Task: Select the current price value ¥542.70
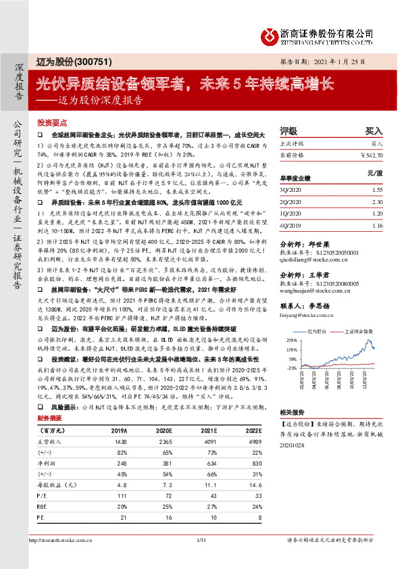[x=371, y=155]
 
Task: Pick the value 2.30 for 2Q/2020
[x=376, y=201]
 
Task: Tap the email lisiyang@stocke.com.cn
[x=308, y=315]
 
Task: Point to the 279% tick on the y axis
[x=291, y=340]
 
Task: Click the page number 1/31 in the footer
[x=201, y=540]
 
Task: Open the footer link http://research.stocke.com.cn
[x=60, y=540]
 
